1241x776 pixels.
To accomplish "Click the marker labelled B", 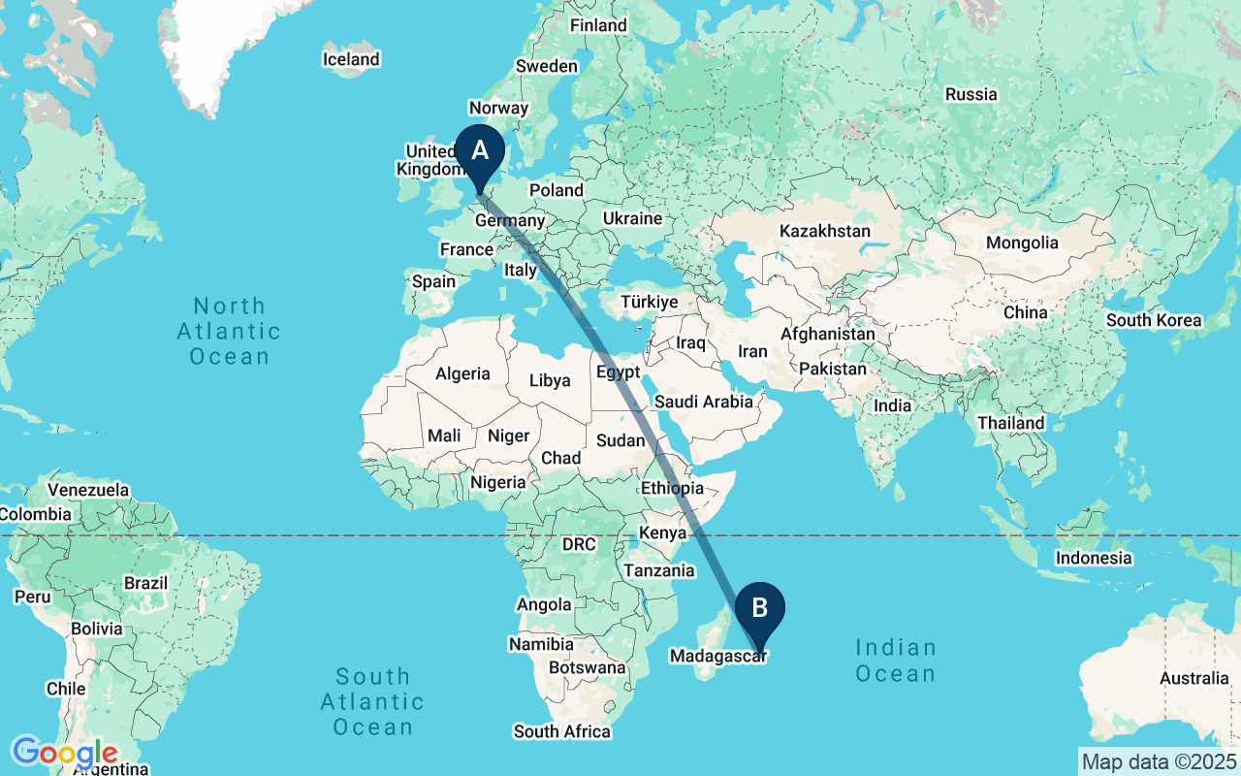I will click(x=759, y=609).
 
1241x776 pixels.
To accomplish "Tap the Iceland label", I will click(x=351, y=60).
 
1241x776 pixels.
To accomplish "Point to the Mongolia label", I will click(x=1022, y=242).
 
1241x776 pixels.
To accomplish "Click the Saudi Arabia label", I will click(x=704, y=402).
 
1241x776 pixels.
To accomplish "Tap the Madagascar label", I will click(x=718, y=657).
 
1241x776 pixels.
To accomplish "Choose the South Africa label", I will click(x=562, y=731).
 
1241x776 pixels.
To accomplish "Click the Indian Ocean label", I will click(x=896, y=661).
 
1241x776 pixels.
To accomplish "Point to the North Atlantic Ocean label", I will click(x=229, y=332).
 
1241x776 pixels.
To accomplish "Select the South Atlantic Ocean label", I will click(x=372, y=701).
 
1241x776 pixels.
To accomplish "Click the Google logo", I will click(x=64, y=753).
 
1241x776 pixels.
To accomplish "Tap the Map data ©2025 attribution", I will click(x=1160, y=761).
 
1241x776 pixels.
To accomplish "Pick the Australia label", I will click(x=1194, y=679).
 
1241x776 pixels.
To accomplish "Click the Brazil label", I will click(x=146, y=584).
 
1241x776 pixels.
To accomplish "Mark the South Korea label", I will click(x=1154, y=320).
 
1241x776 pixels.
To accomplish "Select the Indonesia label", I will click(x=1094, y=558).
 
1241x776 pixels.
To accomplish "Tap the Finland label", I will click(x=598, y=25).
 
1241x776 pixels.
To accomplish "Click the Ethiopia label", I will click(x=672, y=488).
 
